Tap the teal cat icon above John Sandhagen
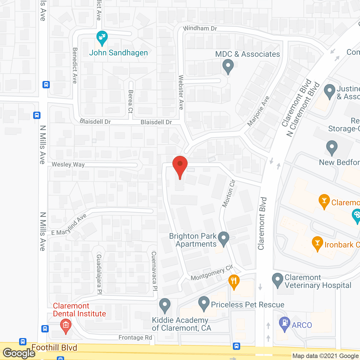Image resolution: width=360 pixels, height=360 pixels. click(102, 37)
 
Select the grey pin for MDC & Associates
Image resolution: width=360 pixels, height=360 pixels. click(228, 66)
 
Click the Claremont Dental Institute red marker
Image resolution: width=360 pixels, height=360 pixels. click(66, 326)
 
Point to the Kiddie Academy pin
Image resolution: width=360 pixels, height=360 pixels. click(165, 305)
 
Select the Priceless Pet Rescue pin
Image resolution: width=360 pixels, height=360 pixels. click(204, 303)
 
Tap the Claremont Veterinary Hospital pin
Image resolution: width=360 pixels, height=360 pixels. click(278, 280)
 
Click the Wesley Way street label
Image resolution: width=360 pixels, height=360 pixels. click(68, 165)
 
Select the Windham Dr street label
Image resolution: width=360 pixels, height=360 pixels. click(200, 28)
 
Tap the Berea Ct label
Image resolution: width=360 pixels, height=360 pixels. click(130, 101)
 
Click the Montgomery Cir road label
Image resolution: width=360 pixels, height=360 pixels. click(212, 273)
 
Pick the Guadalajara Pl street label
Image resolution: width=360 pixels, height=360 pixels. click(99, 274)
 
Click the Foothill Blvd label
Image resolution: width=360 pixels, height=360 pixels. click(54, 348)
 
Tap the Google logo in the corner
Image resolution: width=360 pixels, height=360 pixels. click(19, 353)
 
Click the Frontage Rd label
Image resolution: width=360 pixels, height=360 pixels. click(135, 337)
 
